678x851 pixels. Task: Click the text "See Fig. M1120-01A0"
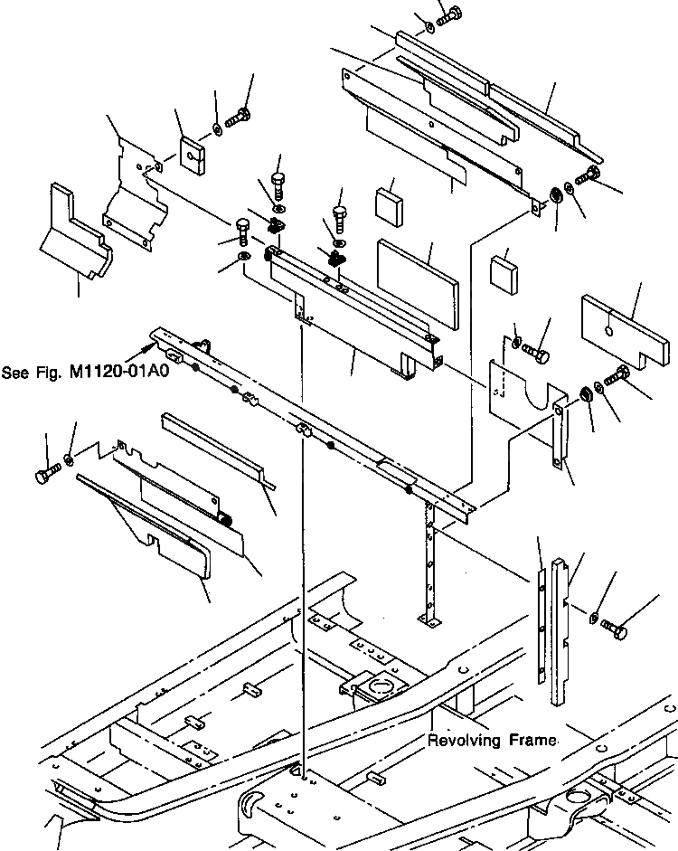point(86,371)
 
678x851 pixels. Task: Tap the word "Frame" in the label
point(532,741)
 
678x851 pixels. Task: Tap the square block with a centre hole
point(192,155)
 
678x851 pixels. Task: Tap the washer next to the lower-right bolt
point(593,617)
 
